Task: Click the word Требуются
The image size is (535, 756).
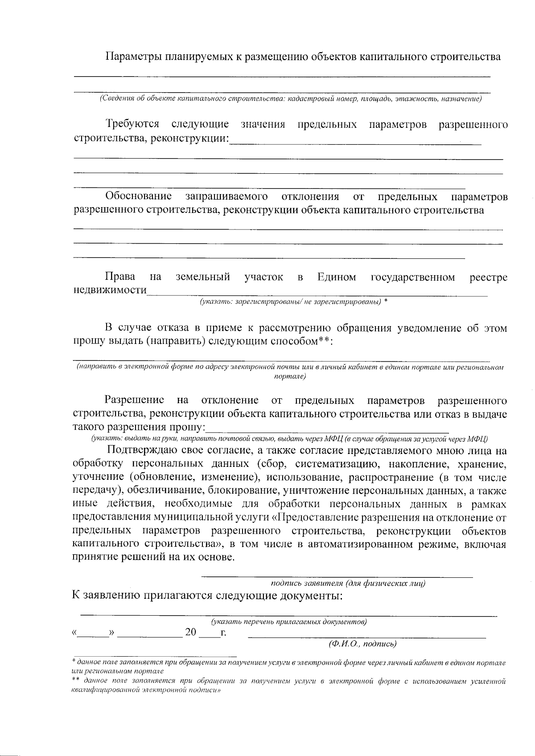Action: click(132, 124)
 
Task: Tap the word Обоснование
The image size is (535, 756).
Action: click(139, 196)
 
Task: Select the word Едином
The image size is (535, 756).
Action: click(337, 278)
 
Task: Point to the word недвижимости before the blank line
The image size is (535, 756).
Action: click(110, 290)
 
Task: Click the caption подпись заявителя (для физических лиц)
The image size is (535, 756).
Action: click(348, 583)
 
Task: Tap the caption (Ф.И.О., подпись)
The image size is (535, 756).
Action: click(362, 644)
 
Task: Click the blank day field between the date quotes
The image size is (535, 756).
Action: click(94, 633)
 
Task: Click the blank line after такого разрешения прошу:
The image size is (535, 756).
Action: click(328, 428)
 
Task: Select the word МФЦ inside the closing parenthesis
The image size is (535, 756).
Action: click(479, 438)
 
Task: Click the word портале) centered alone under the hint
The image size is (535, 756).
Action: click(290, 376)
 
